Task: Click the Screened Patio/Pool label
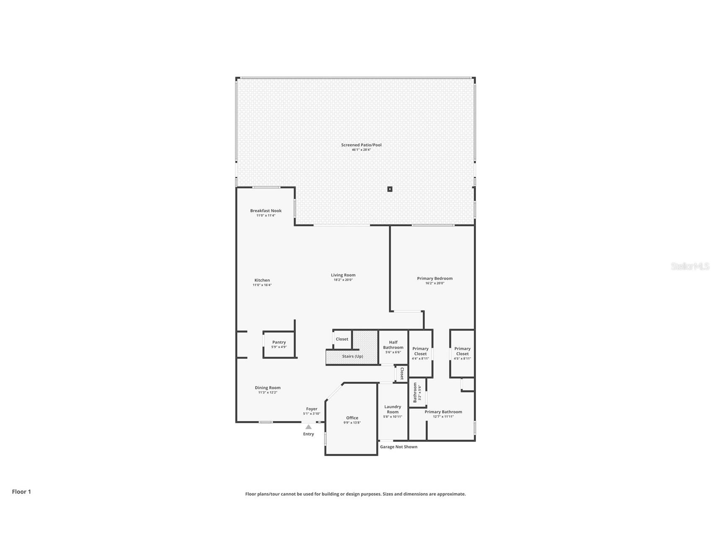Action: pos(361,145)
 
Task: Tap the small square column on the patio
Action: pos(390,189)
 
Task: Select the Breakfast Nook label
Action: pos(266,211)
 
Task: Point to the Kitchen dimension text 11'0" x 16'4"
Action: pos(262,285)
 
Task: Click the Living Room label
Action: pos(343,275)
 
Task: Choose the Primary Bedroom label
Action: pos(434,278)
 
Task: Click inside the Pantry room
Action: pos(279,344)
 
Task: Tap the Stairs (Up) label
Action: pos(352,356)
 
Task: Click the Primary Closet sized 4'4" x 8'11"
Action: pos(420,353)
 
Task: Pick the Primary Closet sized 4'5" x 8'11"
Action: pos(462,353)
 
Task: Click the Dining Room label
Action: pos(268,388)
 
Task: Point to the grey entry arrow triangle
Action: pos(308,427)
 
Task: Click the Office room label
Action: pos(352,418)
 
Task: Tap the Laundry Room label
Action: pos(393,409)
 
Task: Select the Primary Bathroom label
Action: pos(443,412)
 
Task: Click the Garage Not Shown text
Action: pos(398,447)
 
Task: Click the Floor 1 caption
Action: pos(21,492)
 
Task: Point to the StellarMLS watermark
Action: pos(690,266)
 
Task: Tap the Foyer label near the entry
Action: pos(311,409)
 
